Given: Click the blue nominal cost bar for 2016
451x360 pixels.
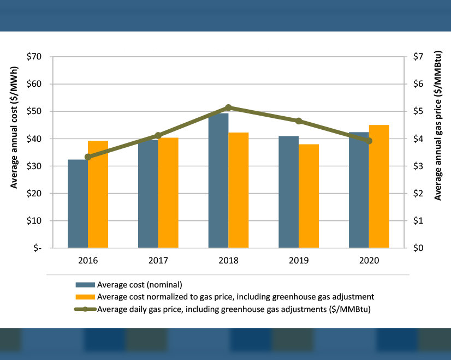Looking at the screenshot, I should tap(78, 204).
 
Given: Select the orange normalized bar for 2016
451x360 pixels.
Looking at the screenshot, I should tap(98, 194).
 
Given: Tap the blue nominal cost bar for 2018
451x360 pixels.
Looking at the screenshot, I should tap(218, 181).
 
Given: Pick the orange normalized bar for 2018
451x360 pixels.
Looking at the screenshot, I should tap(239, 190).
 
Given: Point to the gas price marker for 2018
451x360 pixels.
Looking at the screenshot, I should tap(229, 107).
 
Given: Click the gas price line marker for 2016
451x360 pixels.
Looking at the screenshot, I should tap(88, 157).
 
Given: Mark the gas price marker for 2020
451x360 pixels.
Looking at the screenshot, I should tap(369, 141).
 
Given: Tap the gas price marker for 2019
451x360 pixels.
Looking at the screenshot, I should tap(299, 121).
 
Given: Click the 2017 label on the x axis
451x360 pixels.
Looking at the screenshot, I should tap(158, 261).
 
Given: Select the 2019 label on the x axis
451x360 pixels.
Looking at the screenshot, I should tap(299, 261).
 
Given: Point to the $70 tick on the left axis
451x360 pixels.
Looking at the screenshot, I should tap(36, 57).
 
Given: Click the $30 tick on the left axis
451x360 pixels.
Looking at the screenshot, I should tap(36, 166).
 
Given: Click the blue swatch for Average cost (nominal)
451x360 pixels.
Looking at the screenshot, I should tap(85, 285).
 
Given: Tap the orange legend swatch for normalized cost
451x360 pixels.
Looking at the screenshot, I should tap(85, 297).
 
